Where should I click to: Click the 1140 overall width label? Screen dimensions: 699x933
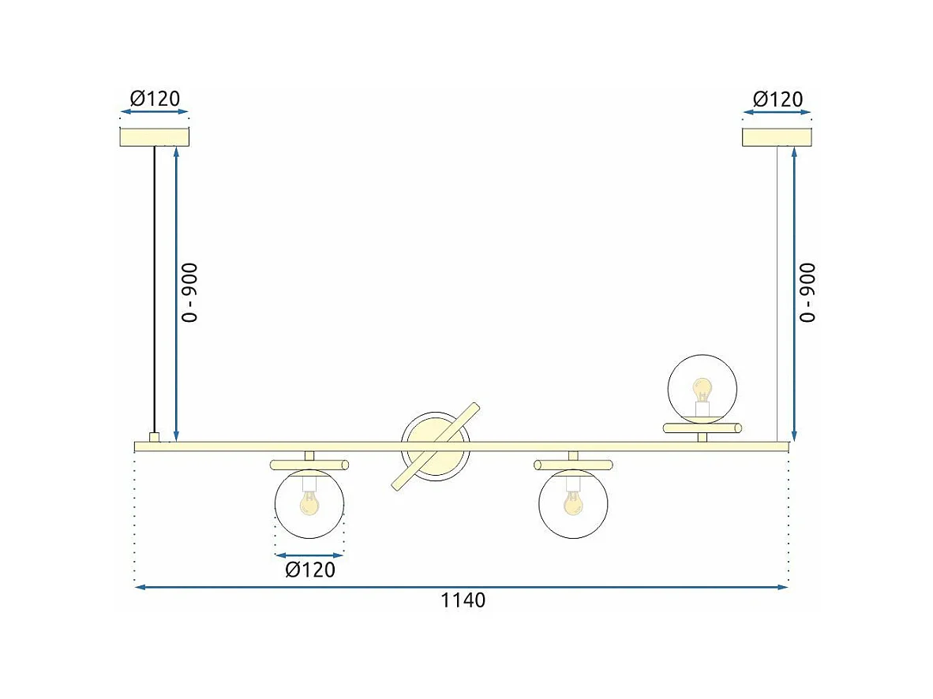click(x=463, y=600)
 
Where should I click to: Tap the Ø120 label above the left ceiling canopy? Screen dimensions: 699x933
click(x=155, y=99)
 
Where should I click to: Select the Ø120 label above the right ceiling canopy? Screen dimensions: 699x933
click(x=777, y=99)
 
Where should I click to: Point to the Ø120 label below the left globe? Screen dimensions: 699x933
click(x=310, y=570)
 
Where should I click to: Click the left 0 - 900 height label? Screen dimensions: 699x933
click(x=190, y=293)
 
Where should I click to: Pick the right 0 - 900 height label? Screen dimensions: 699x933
click(x=807, y=293)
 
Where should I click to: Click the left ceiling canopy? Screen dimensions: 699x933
click(x=155, y=136)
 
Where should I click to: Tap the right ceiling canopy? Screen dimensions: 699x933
click(x=777, y=136)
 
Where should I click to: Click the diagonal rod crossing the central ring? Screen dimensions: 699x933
click(x=436, y=447)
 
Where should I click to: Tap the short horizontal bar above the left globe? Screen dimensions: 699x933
click(x=309, y=464)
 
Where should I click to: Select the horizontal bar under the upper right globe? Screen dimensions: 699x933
click(x=702, y=428)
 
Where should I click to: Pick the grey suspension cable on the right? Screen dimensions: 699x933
click(x=777, y=292)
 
